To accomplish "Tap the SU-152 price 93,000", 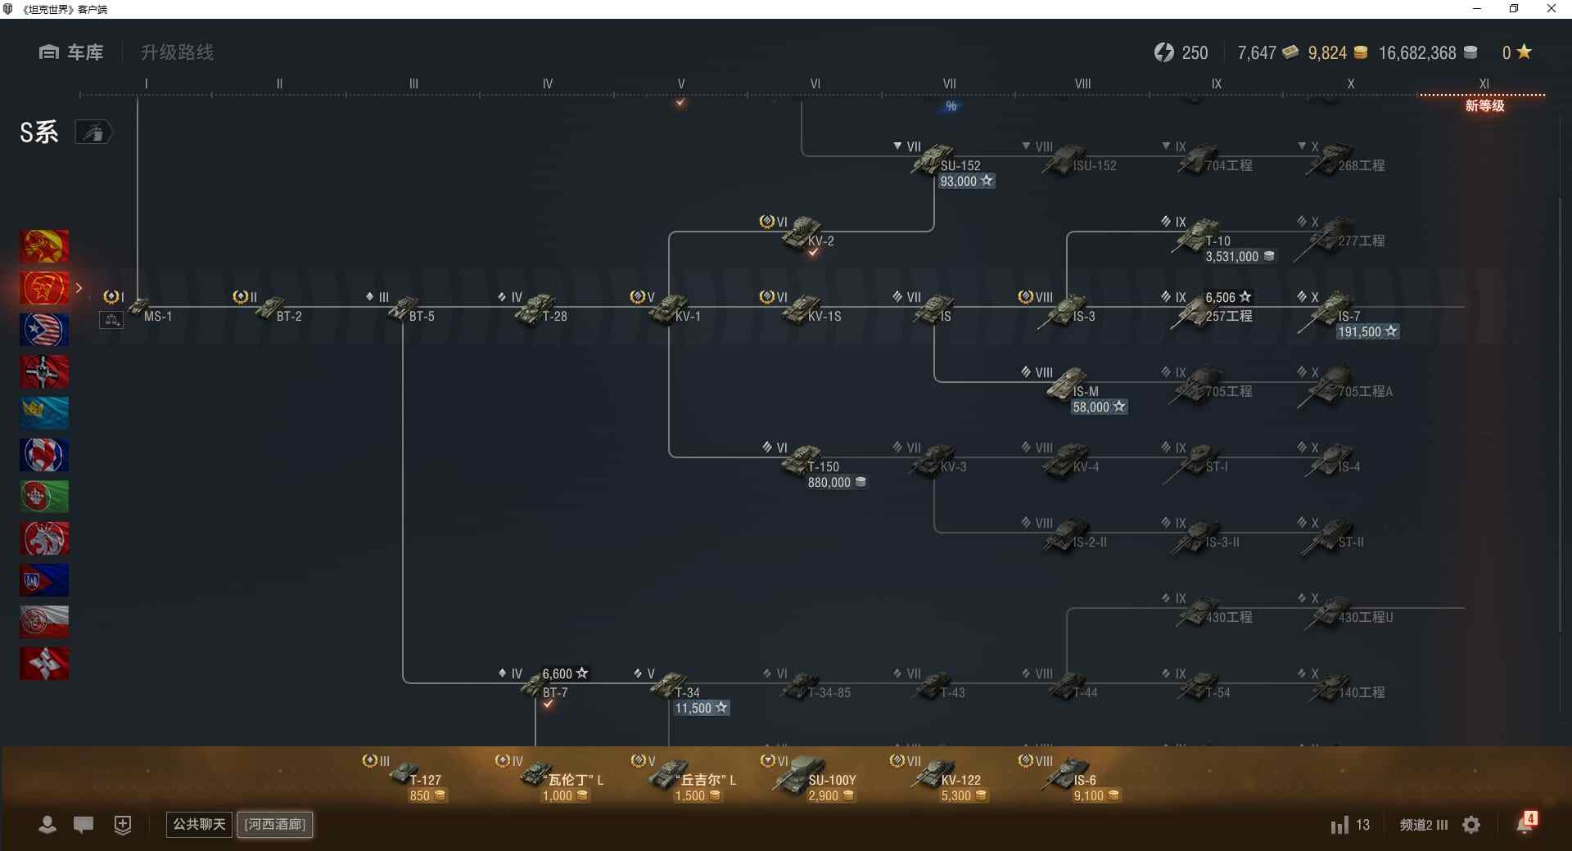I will (965, 182).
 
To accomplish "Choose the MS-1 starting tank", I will (141, 308).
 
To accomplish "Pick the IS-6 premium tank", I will (1068, 773).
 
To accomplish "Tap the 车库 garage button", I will (71, 52).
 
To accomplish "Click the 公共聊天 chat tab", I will (199, 824).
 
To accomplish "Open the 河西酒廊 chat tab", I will (275, 824).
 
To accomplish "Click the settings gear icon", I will (1471, 825).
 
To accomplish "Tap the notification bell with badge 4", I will (1525, 823).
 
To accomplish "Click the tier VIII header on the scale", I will (1082, 83).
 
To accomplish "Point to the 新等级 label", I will (1484, 106).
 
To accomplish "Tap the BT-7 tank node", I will (536, 686).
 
